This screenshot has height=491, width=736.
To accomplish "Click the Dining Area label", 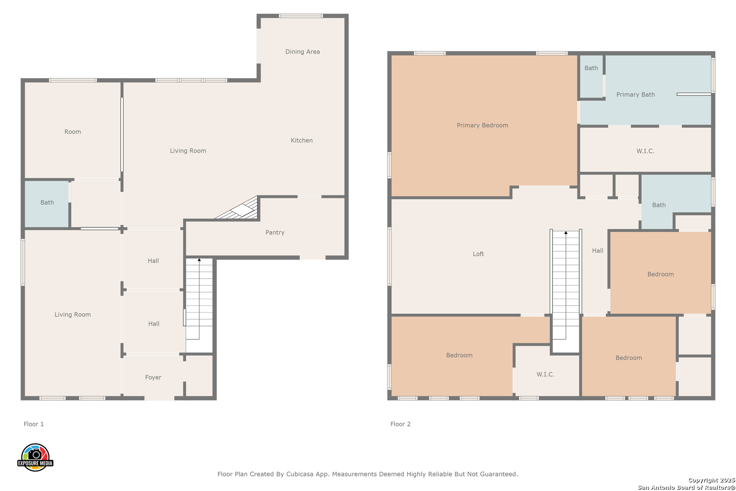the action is (302, 52).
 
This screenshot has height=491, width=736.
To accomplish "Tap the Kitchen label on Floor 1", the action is (302, 140).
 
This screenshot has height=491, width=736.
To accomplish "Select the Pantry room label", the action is (275, 232).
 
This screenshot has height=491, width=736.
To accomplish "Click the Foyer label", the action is (153, 377).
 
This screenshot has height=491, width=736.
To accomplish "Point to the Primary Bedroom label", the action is (482, 125).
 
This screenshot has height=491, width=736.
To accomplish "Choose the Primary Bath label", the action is (636, 95).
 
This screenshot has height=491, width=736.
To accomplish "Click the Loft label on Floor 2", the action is (478, 254).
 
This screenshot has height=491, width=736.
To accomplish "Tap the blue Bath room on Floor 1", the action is (47, 204).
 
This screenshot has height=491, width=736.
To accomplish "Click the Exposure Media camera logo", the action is (35, 457).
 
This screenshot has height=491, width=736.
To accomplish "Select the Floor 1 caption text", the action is (34, 424).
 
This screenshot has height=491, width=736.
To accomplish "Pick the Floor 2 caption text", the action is (400, 424).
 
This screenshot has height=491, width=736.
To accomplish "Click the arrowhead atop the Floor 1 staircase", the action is (199, 260).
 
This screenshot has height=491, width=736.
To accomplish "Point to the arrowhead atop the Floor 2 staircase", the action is (566, 233).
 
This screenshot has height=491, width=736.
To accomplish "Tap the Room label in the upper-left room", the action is (73, 132).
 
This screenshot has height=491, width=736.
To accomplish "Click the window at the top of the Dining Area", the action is (301, 16).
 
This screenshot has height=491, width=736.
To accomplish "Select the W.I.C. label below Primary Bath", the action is (645, 151).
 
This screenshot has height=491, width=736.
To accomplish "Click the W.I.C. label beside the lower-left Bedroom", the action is (546, 374).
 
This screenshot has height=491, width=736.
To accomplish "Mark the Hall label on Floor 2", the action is (598, 251).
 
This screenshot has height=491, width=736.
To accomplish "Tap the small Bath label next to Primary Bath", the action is (591, 68).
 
